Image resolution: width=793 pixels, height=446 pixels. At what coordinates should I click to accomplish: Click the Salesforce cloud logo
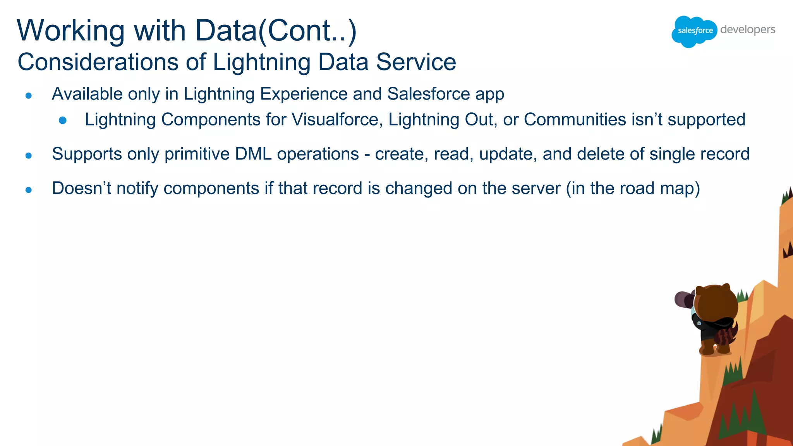click(695, 31)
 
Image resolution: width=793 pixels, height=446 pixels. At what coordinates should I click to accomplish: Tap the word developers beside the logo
click(748, 29)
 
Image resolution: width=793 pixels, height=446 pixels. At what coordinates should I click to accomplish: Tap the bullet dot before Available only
click(28, 95)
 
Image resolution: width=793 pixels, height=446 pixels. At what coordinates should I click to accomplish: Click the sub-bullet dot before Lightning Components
click(63, 120)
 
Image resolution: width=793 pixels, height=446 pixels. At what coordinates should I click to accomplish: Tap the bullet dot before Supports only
click(28, 156)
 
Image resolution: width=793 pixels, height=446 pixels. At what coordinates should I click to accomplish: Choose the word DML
click(253, 154)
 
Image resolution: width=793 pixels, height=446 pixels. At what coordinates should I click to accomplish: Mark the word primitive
click(197, 154)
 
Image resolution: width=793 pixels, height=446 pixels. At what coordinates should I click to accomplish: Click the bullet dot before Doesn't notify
click(28, 190)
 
